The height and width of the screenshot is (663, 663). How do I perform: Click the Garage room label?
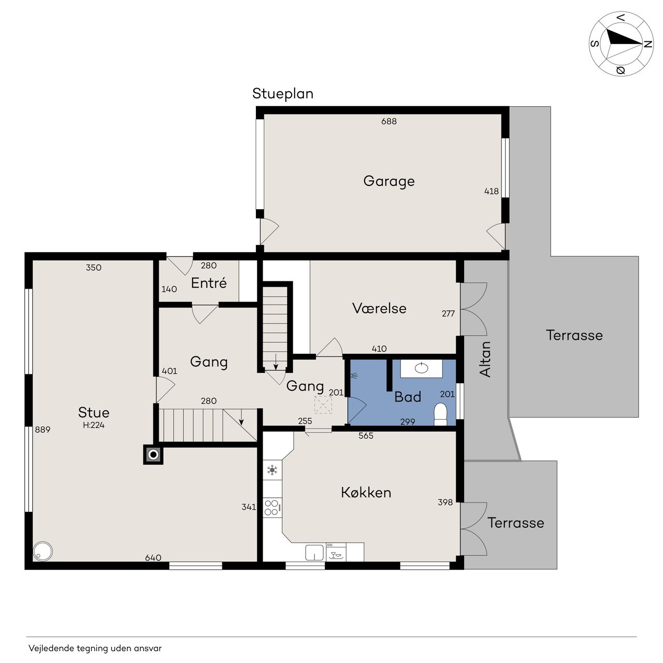[389, 181]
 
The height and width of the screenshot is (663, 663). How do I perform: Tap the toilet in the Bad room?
[440, 414]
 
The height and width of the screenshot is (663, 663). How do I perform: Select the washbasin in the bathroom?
[422, 368]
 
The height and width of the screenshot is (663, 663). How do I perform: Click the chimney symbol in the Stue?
[153, 455]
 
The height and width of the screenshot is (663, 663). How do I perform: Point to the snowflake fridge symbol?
[272, 470]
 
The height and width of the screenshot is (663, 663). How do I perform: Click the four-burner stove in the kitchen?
[271, 508]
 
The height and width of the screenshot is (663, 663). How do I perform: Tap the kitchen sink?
[314, 552]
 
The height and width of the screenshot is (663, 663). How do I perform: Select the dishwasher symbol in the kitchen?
[336, 552]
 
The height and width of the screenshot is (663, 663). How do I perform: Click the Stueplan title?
[283, 94]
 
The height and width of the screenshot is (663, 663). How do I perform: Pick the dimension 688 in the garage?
[389, 121]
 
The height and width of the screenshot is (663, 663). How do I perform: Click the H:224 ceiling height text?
[94, 425]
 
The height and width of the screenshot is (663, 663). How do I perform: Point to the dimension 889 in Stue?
[42, 429]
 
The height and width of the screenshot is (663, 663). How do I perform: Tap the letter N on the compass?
[647, 45]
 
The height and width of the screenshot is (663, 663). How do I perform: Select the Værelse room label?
[379, 308]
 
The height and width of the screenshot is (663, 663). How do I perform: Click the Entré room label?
[209, 283]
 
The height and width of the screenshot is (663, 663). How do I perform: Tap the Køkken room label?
[366, 493]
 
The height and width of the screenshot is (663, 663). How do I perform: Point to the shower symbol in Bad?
[354, 376]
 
